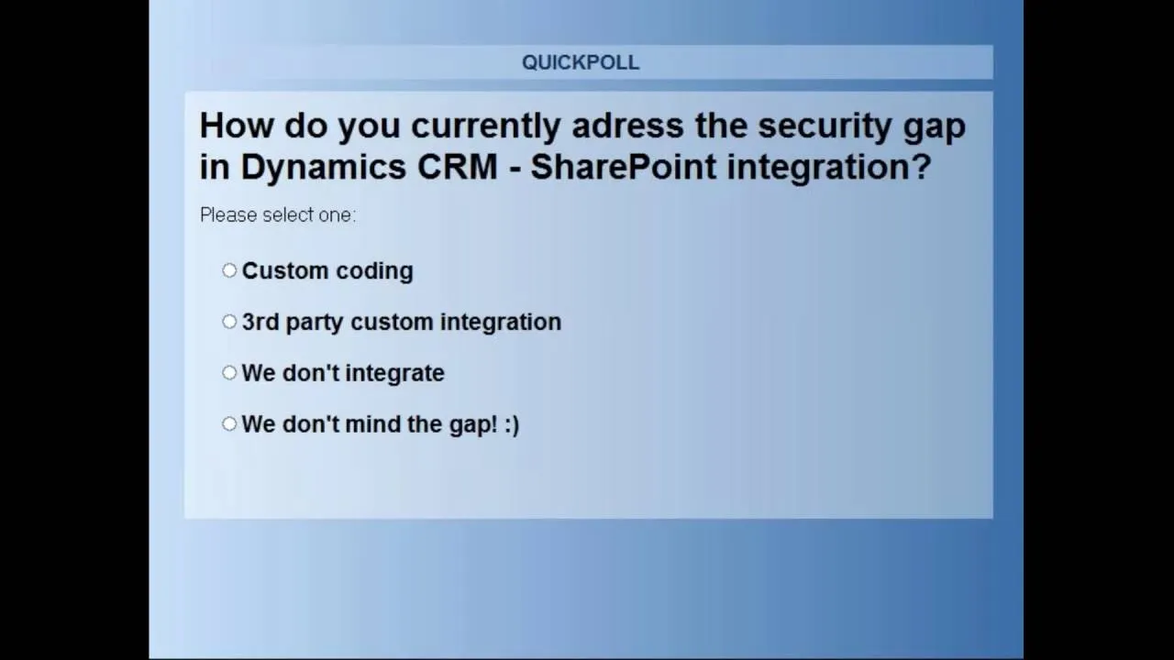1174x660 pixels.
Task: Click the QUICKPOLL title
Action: [581, 63]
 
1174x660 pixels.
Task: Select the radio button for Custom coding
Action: [229, 270]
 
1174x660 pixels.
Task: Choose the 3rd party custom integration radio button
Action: [229, 322]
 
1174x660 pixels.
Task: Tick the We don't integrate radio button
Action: [229, 372]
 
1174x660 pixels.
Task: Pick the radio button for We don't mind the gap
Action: [229, 423]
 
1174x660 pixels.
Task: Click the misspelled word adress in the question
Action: [628, 126]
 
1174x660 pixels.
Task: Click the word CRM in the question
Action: [457, 167]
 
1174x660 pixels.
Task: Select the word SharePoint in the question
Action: [623, 167]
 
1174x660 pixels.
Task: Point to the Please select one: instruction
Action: [278, 215]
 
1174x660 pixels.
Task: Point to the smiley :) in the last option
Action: [512, 424]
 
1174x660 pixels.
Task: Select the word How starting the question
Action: [237, 126]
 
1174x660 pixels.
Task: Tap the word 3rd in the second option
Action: [260, 322]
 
